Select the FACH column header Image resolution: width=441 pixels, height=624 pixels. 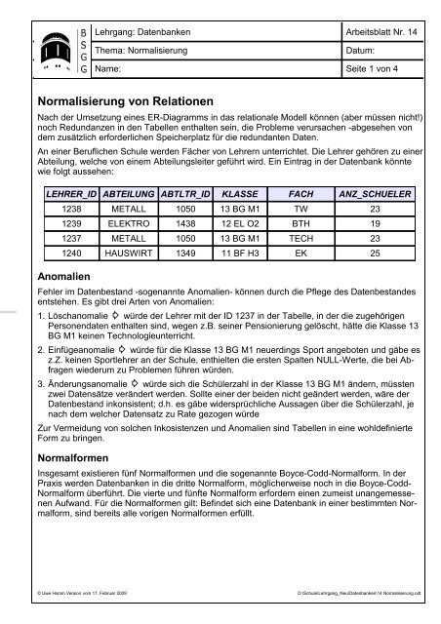point(301,195)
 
